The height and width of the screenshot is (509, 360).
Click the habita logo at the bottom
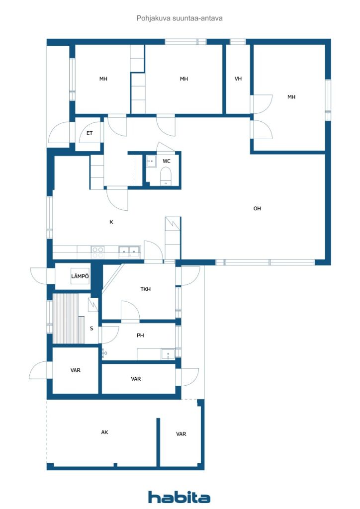tap(179, 497)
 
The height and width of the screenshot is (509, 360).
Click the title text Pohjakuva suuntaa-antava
tap(180, 18)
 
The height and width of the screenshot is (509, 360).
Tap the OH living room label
tap(257, 209)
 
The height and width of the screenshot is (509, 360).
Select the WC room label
tap(167, 161)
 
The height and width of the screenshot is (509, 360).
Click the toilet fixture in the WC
tap(166, 176)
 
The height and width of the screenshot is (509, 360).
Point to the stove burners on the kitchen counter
tap(97, 252)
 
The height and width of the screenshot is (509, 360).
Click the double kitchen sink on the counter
tap(130, 252)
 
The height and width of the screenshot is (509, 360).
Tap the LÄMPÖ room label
tap(80, 276)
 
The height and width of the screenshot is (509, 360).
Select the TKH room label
tap(145, 289)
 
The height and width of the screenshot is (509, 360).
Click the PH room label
tap(140, 336)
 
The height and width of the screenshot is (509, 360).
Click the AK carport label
tap(104, 432)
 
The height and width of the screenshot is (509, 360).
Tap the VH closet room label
tap(238, 79)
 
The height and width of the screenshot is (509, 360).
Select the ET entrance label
tap(90, 133)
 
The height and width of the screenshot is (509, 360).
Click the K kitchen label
tap(111, 222)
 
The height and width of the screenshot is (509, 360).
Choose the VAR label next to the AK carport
tap(181, 434)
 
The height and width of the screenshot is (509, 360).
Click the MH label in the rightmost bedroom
tap(291, 97)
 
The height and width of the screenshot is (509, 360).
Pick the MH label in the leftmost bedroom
tap(103, 79)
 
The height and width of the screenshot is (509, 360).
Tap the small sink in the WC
tap(151, 162)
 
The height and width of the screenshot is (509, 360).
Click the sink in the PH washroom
tap(168, 354)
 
